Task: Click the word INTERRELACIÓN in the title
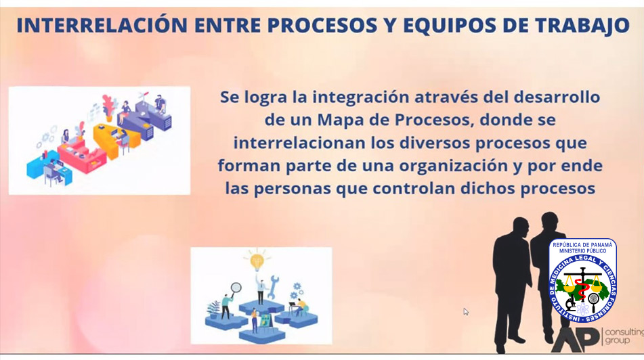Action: click(102, 25)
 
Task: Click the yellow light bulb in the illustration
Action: click(257, 261)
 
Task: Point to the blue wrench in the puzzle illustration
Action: click(273, 286)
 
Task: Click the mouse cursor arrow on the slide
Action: click(466, 311)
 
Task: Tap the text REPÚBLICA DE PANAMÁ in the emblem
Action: click(582, 245)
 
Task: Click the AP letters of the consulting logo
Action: click(575, 339)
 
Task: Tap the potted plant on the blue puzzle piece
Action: click(213, 309)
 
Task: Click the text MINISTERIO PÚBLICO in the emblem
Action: click(582, 251)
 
